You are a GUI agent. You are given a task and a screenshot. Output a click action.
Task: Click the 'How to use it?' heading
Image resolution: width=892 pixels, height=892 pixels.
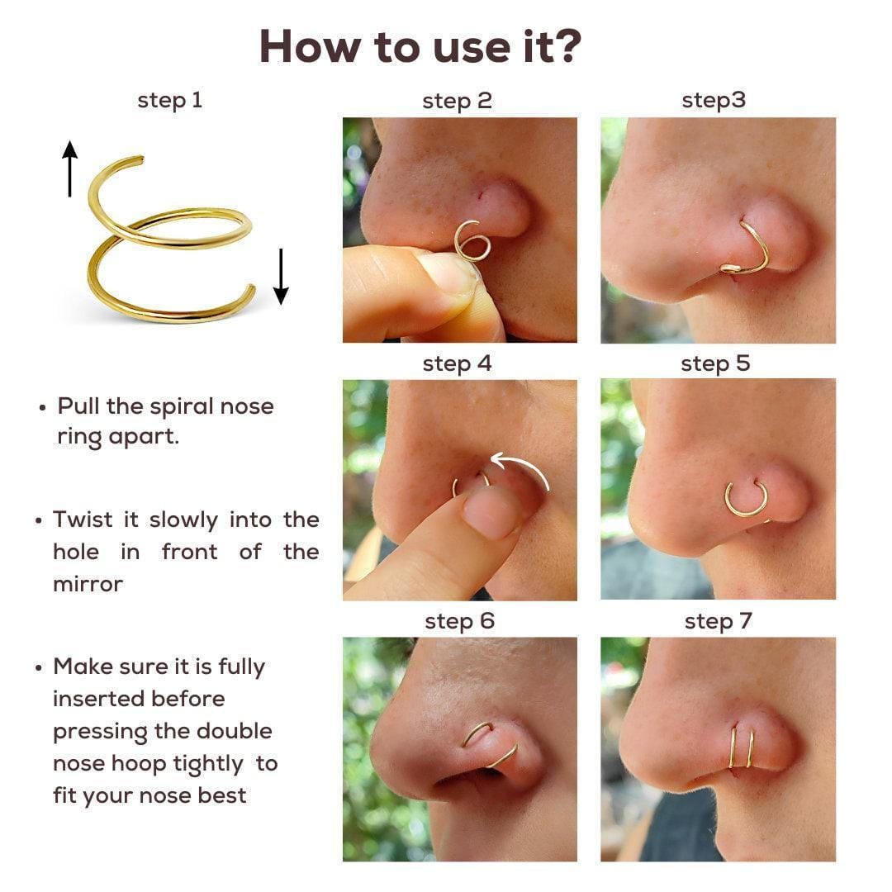pos(420,46)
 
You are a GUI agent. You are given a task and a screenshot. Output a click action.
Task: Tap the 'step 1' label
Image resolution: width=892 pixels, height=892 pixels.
pos(169,101)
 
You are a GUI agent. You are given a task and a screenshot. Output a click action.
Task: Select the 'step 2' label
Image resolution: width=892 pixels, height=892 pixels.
pos(457,102)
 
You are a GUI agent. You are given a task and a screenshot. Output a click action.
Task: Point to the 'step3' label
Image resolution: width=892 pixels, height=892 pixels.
pos(714,101)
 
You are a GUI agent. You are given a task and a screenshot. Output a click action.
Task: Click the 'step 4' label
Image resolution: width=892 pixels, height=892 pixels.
pos(457,364)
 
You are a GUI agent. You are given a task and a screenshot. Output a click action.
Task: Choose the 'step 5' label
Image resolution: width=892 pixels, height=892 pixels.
pos(715,364)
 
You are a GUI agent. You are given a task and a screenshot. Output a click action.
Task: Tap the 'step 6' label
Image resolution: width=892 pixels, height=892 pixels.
pos(460,622)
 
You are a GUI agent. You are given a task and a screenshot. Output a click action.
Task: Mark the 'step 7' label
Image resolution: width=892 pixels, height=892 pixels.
pos(719,622)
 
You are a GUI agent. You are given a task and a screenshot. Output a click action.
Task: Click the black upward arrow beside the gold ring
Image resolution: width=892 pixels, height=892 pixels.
pos(70,169)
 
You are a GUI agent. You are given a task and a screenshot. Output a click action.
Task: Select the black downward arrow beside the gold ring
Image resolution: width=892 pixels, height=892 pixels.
pos(281,277)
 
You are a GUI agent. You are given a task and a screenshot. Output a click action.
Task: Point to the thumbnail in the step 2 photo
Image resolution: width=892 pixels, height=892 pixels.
pos(447,274)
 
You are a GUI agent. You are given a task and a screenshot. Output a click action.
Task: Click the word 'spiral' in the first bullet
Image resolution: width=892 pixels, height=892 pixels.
pos(182,407)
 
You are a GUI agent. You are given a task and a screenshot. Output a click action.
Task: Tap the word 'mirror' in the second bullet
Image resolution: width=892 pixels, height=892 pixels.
pos(88,584)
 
